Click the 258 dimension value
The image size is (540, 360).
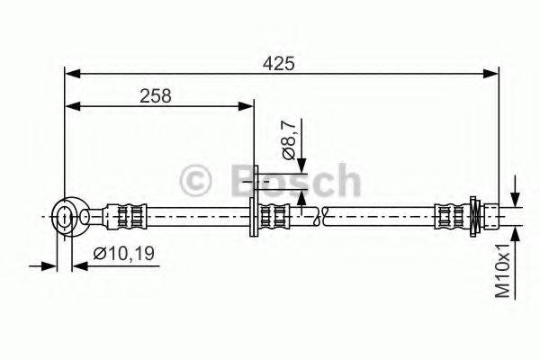tap(157, 94)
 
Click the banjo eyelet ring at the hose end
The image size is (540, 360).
tap(65, 215)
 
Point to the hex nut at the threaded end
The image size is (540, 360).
tap(475, 216)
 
